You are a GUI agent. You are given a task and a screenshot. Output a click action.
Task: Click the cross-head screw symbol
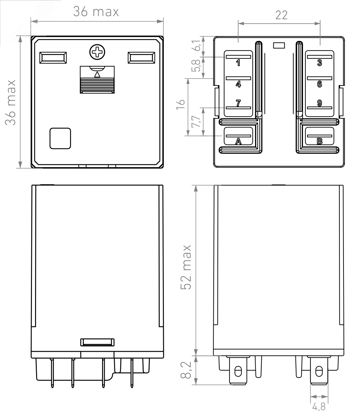coord(97,52)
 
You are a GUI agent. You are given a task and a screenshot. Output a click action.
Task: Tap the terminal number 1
coord(238,63)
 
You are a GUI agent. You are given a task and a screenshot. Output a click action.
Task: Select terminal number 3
coord(319,63)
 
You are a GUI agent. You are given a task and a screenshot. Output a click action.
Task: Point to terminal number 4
coord(238,84)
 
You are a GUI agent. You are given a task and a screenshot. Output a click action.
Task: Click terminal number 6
coord(319,84)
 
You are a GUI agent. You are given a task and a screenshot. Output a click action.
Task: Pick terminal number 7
coord(238,103)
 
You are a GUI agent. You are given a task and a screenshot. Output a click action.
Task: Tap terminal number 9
coord(319,103)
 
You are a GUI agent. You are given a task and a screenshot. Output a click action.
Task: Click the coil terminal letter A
coord(238,141)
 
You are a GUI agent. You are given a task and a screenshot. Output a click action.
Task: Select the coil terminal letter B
coord(319,141)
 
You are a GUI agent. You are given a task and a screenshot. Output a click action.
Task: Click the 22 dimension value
coord(281,15)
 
